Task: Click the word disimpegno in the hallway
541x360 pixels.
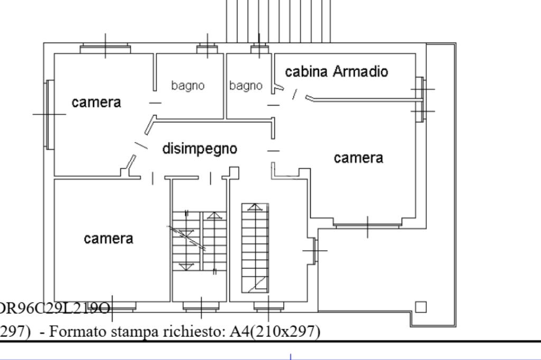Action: tap(200, 149)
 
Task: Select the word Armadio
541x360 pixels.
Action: tap(361, 72)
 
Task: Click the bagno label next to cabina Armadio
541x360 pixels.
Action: tap(246, 86)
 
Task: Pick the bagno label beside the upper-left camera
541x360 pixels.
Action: tap(188, 86)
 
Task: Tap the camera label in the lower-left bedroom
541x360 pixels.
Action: tap(108, 239)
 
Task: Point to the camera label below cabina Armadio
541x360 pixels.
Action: tap(358, 158)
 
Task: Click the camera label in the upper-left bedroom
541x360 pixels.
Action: tap(96, 102)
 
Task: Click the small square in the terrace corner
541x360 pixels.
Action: tap(421, 307)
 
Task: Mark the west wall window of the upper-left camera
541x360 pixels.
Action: tap(49, 114)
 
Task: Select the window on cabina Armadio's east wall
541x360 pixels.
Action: tap(420, 100)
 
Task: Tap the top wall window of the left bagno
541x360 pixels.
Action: tap(207, 49)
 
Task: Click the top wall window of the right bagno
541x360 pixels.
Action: tap(259, 49)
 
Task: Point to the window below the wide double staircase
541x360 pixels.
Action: tap(200, 306)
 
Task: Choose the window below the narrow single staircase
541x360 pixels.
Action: tap(268, 306)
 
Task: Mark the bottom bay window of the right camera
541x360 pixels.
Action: tap(367, 226)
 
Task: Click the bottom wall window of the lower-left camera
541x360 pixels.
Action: tap(122, 306)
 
